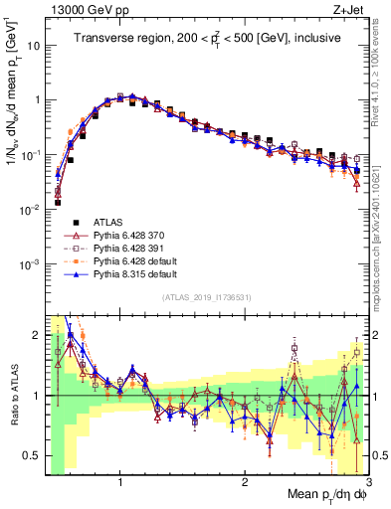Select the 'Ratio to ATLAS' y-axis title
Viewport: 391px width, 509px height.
coord(14,395)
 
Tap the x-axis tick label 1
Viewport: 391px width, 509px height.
coord(120,482)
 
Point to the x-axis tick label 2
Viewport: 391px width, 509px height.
coord(245,482)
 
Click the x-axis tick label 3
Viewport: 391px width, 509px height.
coord(367,482)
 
